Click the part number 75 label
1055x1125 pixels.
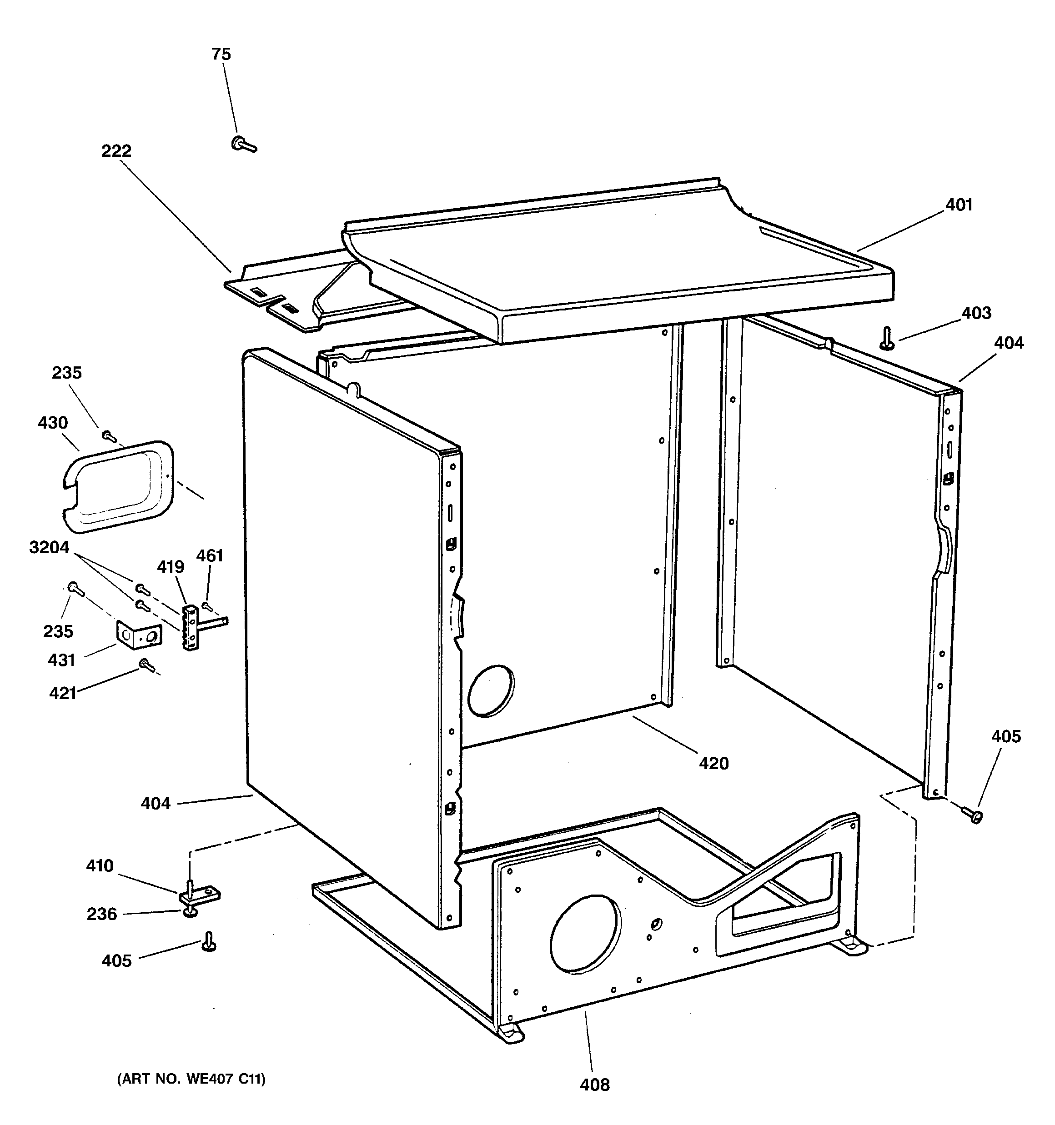[221, 55]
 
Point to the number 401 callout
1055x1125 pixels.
[958, 205]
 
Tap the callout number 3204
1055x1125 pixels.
[49, 548]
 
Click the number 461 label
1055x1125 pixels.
[210, 556]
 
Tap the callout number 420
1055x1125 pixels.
[713, 764]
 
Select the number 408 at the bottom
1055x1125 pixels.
[595, 1085]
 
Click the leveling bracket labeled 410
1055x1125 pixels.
[199, 894]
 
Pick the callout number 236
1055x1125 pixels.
[101, 915]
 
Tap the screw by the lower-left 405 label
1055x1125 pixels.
[208, 943]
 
